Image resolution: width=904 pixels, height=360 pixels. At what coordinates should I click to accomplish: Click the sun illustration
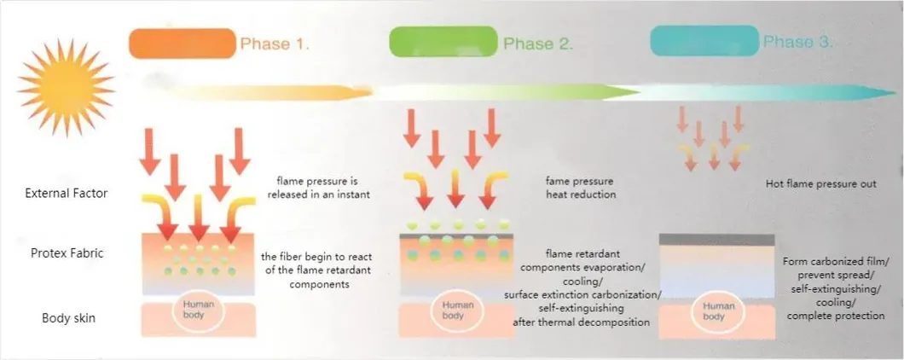[x=66, y=88]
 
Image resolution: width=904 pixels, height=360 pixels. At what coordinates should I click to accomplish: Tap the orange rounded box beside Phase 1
[x=183, y=44]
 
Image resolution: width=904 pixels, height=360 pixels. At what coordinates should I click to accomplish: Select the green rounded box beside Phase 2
[x=443, y=42]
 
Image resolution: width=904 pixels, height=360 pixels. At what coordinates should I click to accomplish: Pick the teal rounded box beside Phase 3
[x=704, y=40]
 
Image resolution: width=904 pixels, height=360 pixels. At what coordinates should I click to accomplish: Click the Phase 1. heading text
[x=275, y=44]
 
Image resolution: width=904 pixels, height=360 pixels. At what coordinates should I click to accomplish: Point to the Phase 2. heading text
[x=538, y=44]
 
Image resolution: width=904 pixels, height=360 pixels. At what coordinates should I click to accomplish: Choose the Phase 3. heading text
[x=798, y=42]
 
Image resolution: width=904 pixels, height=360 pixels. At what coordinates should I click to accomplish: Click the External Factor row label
[x=67, y=194]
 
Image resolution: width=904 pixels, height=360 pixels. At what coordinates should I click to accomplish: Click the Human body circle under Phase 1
[x=193, y=311]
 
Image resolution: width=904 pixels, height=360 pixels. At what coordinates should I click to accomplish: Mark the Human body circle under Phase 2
[x=457, y=311]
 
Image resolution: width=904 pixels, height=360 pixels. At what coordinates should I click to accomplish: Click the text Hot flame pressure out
[x=821, y=184]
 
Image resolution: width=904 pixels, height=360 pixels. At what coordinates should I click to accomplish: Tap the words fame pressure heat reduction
[x=581, y=188]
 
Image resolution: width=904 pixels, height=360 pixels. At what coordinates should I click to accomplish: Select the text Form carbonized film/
[x=836, y=261]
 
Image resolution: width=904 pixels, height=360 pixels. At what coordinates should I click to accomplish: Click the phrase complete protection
[x=836, y=316]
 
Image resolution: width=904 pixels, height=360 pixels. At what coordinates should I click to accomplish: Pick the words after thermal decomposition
[x=581, y=322]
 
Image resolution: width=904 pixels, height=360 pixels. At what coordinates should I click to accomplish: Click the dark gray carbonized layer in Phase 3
[x=716, y=240]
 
